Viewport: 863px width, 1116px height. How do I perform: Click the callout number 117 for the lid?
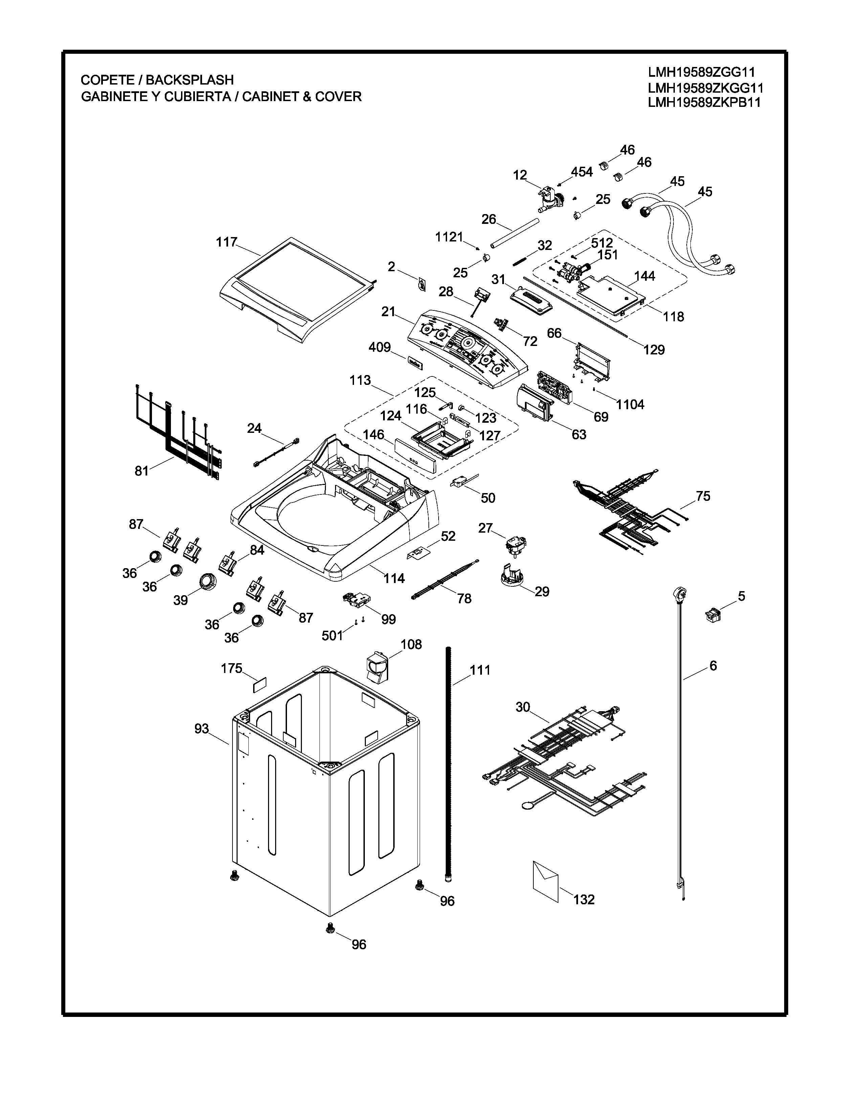tap(226, 242)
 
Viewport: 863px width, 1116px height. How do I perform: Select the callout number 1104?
tap(630, 405)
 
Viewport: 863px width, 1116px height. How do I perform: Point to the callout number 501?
tap(332, 636)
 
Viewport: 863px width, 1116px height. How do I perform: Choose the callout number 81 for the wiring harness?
tap(141, 471)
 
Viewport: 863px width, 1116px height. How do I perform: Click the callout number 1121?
tap(449, 237)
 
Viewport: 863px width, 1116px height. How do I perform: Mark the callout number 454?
tap(582, 172)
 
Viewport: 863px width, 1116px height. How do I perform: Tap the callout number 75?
tap(703, 496)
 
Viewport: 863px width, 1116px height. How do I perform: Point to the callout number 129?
tap(654, 350)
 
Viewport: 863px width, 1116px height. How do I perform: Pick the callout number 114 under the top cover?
tap(394, 578)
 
